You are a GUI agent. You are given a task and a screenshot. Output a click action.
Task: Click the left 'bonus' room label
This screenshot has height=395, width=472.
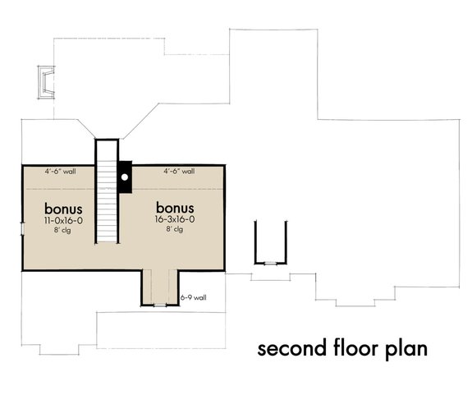[x=62, y=208]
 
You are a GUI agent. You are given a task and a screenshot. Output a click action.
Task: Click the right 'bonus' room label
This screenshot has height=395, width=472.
[x=175, y=208]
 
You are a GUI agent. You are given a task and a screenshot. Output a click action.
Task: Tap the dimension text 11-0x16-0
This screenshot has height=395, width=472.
[x=62, y=220]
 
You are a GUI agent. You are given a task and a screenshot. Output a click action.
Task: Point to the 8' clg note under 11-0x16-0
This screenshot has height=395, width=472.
[x=62, y=230]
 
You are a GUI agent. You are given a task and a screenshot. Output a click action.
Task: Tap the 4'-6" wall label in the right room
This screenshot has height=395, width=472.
[x=178, y=172]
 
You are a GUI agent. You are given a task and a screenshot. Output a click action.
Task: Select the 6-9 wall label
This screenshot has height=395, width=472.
[x=193, y=297]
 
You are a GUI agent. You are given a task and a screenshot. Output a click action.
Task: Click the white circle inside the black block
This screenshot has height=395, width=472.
[x=125, y=175]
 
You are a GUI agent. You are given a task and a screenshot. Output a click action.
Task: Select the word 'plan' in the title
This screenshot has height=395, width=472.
[x=407, y=349]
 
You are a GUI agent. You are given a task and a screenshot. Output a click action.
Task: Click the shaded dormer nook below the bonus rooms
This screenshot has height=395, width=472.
[x=159, y=284]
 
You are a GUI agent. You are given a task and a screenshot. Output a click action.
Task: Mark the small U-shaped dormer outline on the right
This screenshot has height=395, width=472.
[x=270, y=242]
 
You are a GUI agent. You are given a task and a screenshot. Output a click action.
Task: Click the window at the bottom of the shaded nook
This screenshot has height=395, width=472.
[x=159, y=305]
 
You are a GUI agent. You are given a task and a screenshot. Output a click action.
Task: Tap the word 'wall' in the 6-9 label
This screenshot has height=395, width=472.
[x=199, y=297]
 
